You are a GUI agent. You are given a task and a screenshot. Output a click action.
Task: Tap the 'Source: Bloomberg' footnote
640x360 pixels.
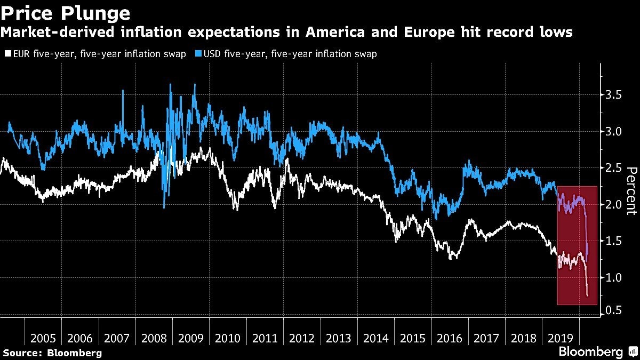coord(52,353)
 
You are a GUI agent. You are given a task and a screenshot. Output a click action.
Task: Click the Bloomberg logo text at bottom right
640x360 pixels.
coord(590,352)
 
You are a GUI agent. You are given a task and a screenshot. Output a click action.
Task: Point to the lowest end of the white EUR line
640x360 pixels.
coord(588,295)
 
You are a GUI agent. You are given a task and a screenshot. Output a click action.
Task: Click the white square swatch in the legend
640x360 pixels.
coord(6,54)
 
